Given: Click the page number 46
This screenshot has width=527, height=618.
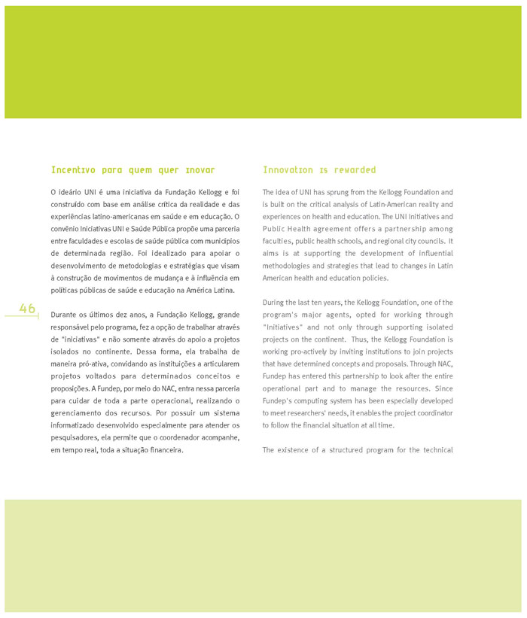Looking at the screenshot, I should click(x=28, y=309).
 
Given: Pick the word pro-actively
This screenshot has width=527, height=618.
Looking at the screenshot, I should click(x=311, y=352).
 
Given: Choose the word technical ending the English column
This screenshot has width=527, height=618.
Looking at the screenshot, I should click(x=433, y=449).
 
